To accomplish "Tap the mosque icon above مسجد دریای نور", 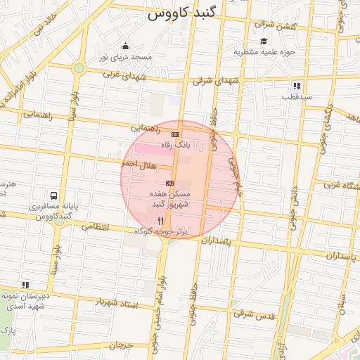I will pyautogui.click(x=125, y=46).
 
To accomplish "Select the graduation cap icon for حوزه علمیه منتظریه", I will pyautogui.click(x=264, y=41).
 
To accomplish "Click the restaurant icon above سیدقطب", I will pyautogui.click(x=297, y=86).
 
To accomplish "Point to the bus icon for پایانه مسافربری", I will pyautogui.click(x=54, y=197).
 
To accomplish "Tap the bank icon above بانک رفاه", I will pyautogui.click(x=175, y=134).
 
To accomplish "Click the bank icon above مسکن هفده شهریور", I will pyautogui.click(x=169, y=182).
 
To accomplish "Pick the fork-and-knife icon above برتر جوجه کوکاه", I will pyautogui.click(x=160, y=220).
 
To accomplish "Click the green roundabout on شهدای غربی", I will pyautogui.click(x=79, y=68).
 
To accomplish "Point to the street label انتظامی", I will pyautogui.click(x=96, y=227).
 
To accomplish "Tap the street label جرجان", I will pyautogui.click(x=121, y=345).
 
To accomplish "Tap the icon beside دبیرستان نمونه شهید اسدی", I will pyautogui.click(x=26, y=285).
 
